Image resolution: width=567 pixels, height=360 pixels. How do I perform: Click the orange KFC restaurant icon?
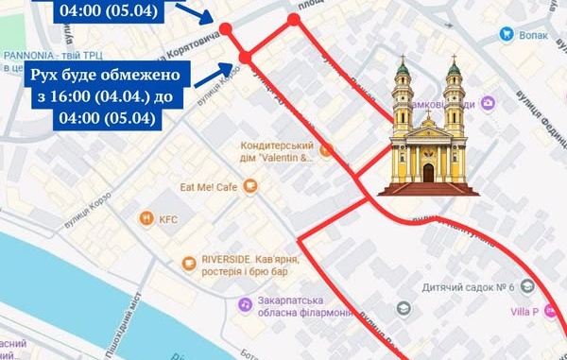point(146,218)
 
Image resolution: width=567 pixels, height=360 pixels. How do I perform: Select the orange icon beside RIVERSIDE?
point(186,259)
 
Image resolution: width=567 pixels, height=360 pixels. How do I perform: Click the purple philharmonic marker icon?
point(243,304)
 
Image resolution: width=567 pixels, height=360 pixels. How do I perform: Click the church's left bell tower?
point(403,99)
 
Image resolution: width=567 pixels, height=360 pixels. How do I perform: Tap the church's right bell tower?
point(454,99)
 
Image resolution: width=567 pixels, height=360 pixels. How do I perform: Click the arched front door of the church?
point(428,173)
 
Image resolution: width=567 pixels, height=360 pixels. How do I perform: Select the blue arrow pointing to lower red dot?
point(213,72)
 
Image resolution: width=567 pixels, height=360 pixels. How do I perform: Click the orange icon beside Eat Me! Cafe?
point(249,187)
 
